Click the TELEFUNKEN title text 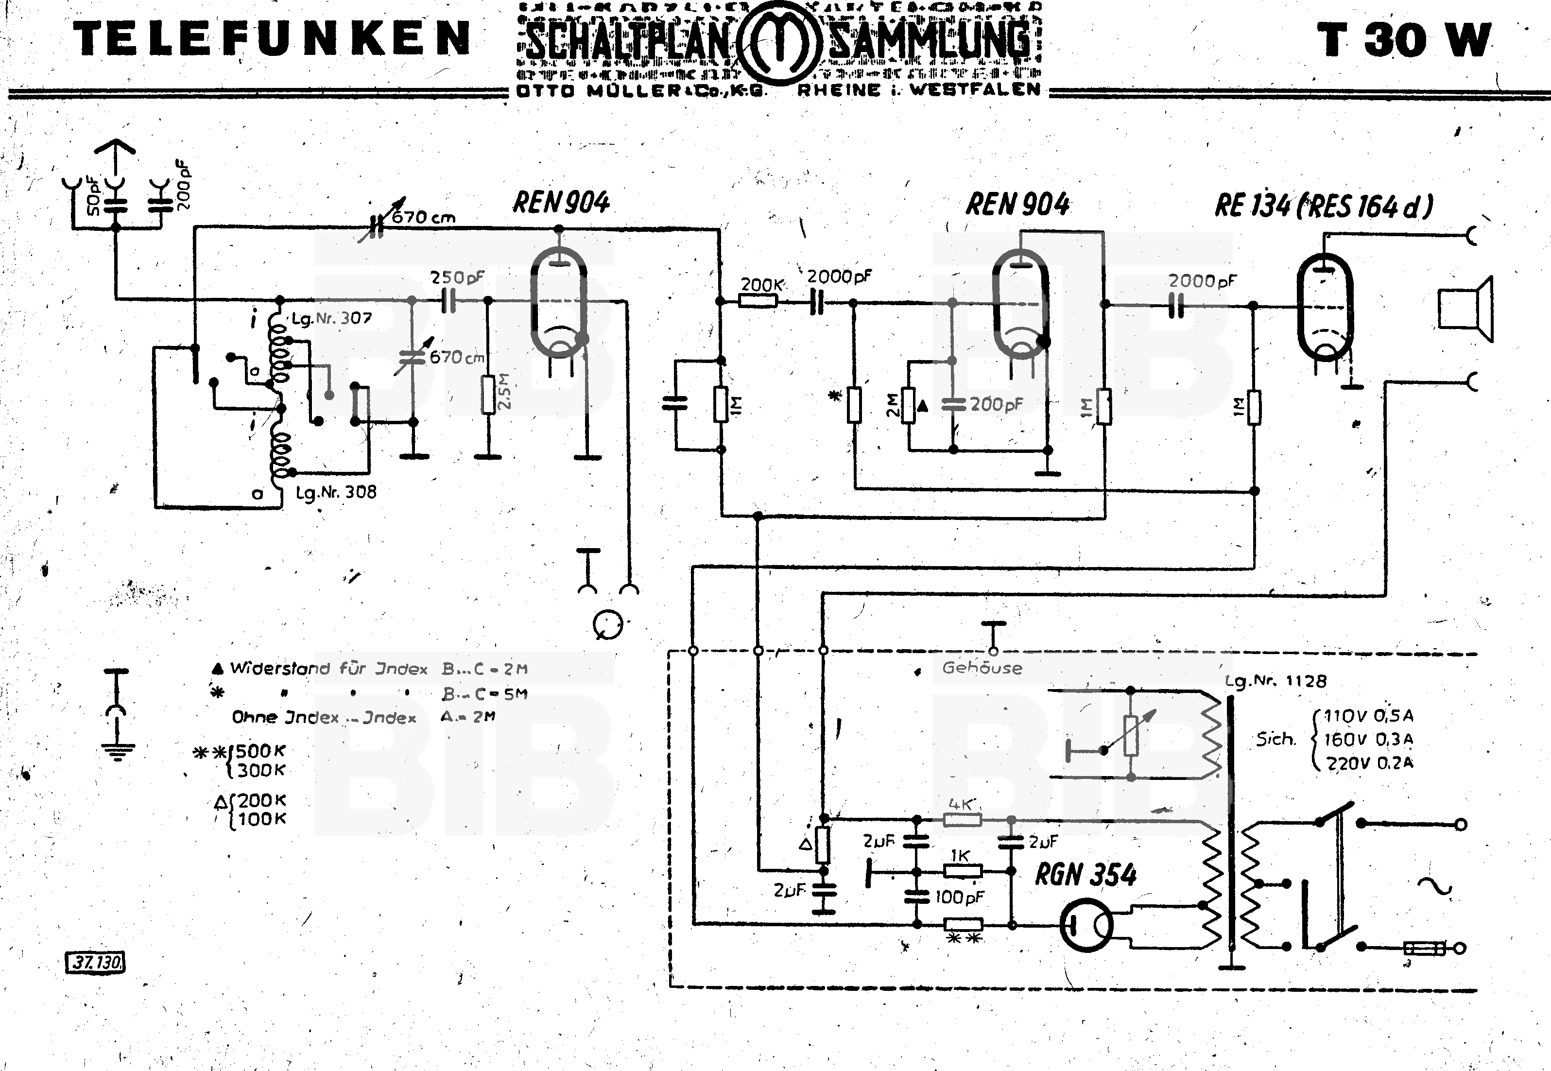[x=272, y=39]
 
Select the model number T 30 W [x=1403, y=40]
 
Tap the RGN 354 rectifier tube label [x=1086, y=874]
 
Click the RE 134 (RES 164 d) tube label [x=1323, y=206]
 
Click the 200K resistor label [x=761, y=285]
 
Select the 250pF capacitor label [x=456, y=277]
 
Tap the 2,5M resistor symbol [x=488, y=395]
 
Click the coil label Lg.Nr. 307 [x=331, y=318]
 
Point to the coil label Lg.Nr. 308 [x=336, y=492]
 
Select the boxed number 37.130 [x=96, y=962]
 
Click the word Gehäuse [x=982, y=668]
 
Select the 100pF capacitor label [x=959, y=897]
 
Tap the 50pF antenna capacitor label [x=94, y=194]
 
